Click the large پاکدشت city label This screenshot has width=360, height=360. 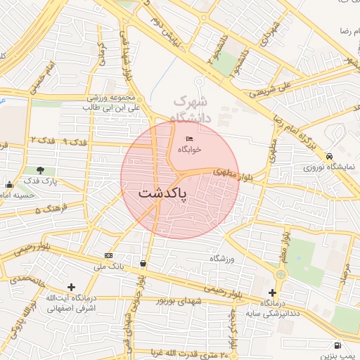162,193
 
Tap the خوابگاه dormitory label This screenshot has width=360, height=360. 189,150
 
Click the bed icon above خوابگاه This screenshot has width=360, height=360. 189,139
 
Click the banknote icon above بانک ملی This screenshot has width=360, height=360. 108,255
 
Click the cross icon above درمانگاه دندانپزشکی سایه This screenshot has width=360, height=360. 273,292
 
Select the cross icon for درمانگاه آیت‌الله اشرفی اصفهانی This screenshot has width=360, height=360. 71,287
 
